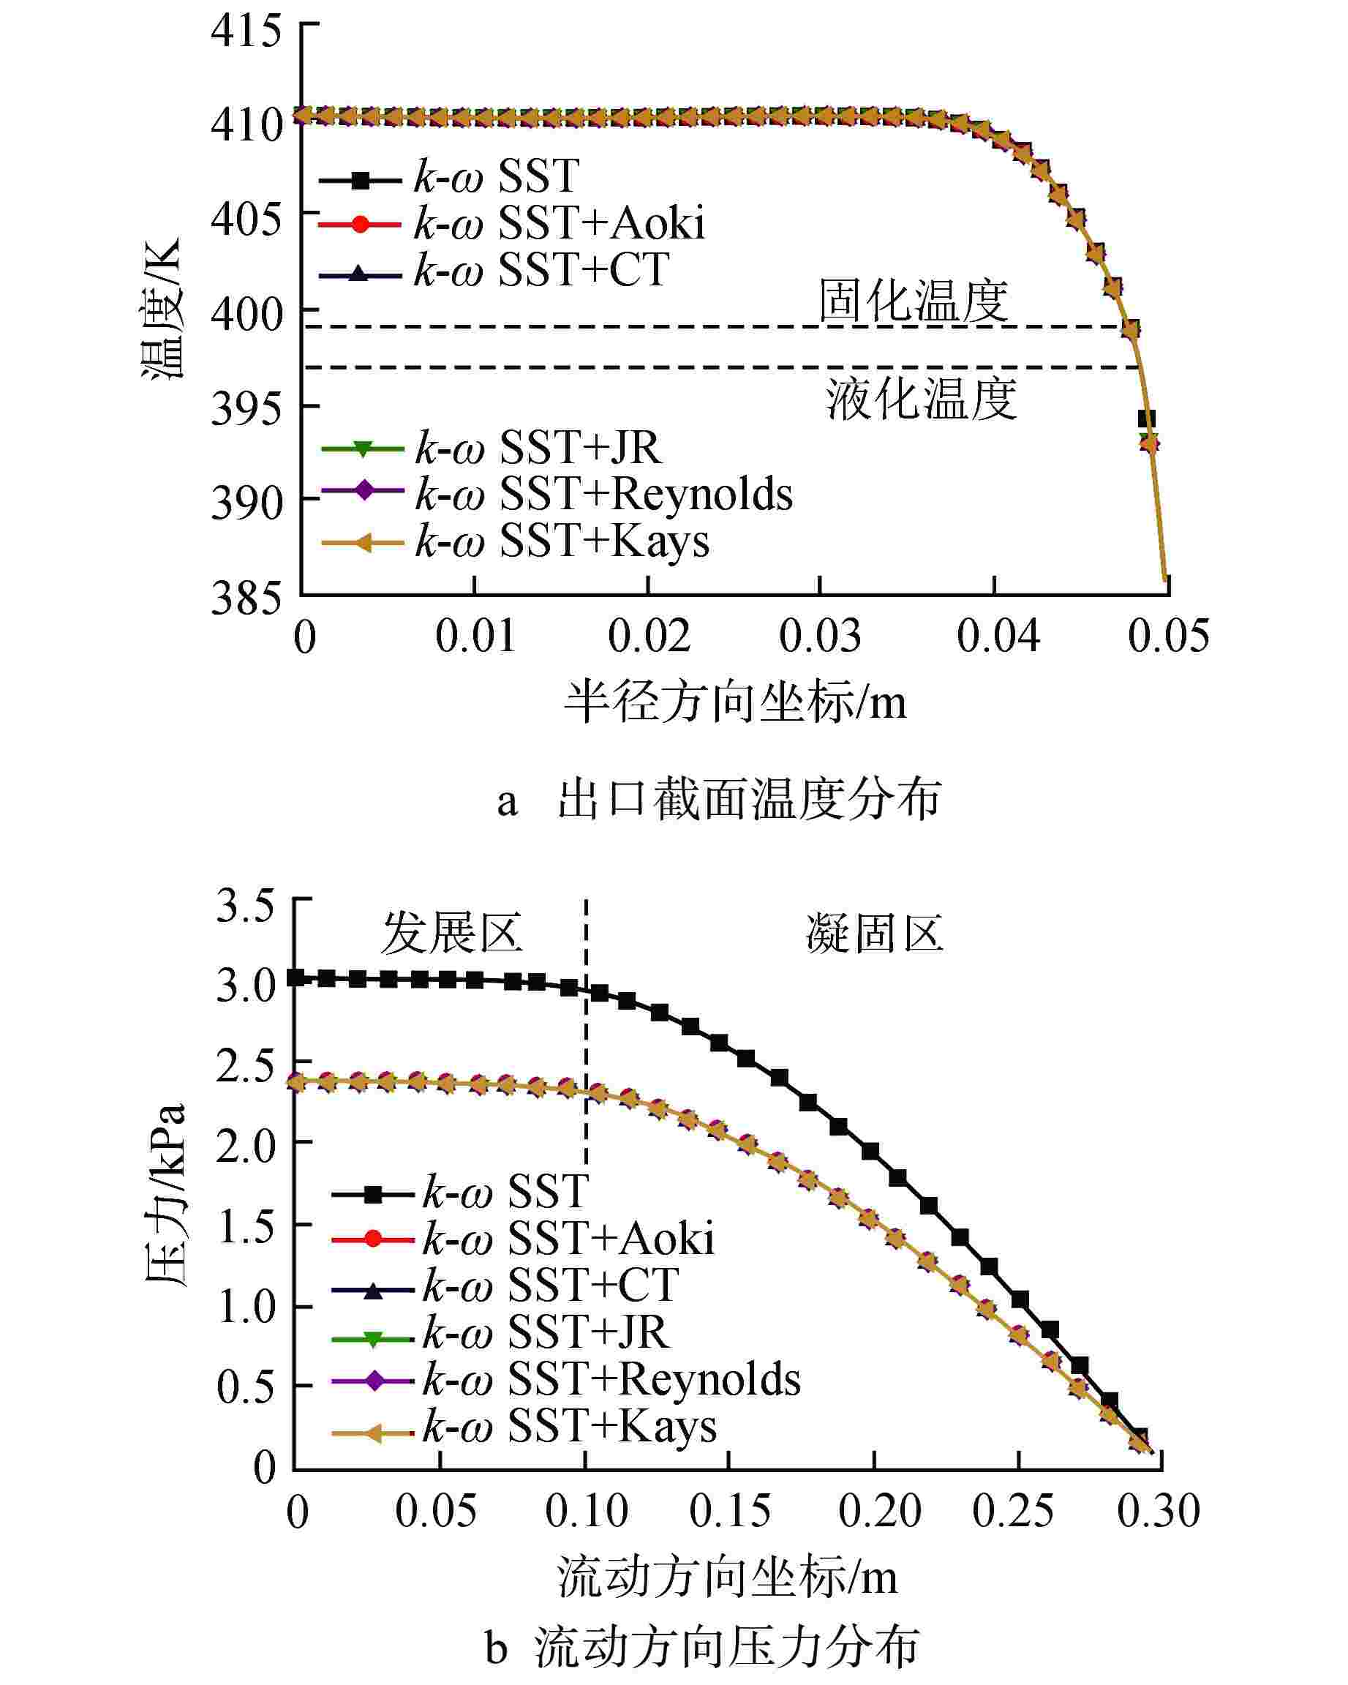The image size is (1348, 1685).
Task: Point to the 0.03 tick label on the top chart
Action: click(820, 637)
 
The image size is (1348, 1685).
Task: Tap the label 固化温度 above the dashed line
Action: click(913, 301)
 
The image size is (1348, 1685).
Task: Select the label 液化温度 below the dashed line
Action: click(922, 399)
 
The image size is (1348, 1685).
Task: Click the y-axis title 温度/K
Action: click(162, 308)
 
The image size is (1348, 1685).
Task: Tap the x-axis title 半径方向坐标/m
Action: click(735, 702)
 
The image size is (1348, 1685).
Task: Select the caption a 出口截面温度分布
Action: click(719, 800)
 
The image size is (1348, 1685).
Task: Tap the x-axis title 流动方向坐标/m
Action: click(727, 1577)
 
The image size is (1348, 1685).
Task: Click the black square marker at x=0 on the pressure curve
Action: click(295, 977)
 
